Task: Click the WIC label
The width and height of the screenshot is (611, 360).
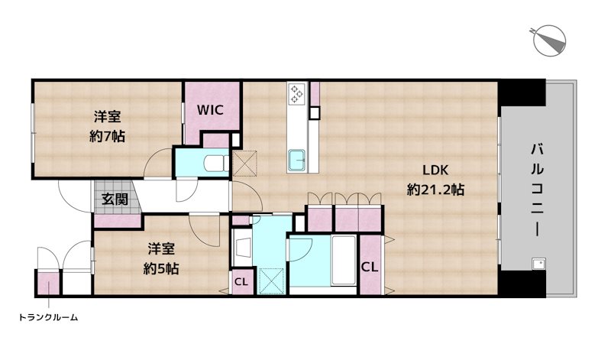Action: (x=210, y=110)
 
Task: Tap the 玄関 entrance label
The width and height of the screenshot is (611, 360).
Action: (x=115, y=199)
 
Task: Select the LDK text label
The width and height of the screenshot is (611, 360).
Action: (x=435, y=170)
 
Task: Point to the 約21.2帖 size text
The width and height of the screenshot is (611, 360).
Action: (x=435, y=190)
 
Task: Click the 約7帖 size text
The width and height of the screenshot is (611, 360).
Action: (x=107, y=136)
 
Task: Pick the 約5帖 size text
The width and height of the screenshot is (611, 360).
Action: (x=161, y=268)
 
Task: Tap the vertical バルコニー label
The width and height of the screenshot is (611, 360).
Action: (x=538, y=190)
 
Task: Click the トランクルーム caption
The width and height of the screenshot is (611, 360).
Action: (x=48, y=317)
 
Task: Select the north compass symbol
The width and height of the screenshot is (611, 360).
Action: (x=549, y=41)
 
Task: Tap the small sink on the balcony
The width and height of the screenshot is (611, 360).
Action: (x=538, y=264)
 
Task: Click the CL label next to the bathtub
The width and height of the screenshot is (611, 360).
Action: (x=370, y=268)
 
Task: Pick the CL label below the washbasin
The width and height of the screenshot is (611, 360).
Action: (x=241, y=281)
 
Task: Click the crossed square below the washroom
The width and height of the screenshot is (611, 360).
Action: (x=272, y=281)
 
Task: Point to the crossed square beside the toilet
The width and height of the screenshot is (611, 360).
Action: (x=245, y=163)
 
